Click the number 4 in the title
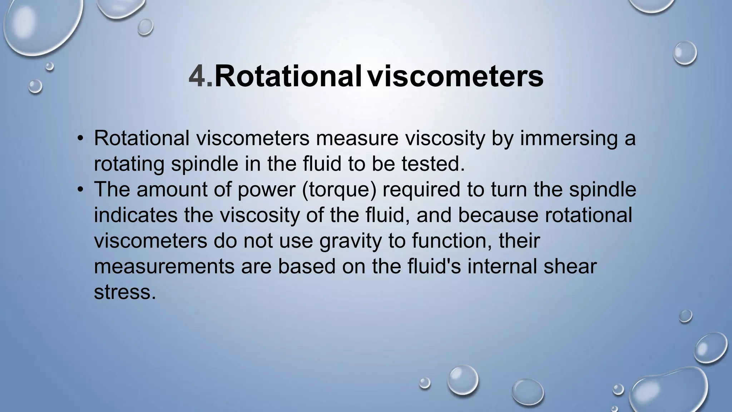coord(198,76)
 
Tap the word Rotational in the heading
coord(288,76)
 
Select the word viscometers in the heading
coord(456,76)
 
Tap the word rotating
coord(129,165)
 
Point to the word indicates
coord(136,215)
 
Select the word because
coord(498,215)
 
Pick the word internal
coord(502,267)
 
